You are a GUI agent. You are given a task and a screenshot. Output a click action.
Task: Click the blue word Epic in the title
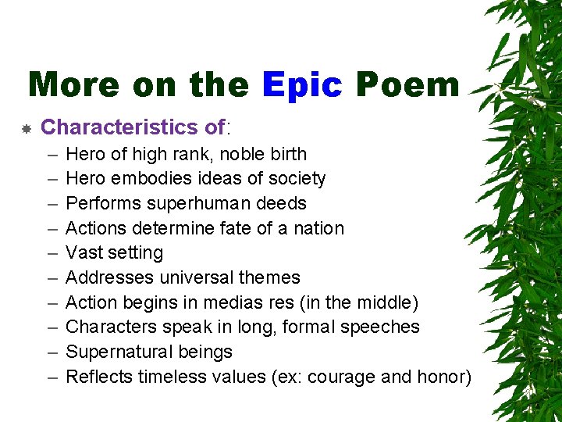(302, 84)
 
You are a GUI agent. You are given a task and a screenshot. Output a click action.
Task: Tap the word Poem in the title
(407, 84)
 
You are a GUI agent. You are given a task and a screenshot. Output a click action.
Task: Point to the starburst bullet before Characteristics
(26, 127)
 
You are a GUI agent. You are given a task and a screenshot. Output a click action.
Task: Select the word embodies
(146, 179)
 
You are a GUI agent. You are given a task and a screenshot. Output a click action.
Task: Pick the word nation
(318, 228)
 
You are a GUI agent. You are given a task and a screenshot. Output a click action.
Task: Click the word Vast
(83, 253)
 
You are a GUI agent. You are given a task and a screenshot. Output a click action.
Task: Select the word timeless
(169, 377)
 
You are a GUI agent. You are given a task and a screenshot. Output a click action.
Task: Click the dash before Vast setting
(52, 253)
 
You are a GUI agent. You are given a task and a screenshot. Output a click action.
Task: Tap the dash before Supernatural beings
(52, 352)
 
